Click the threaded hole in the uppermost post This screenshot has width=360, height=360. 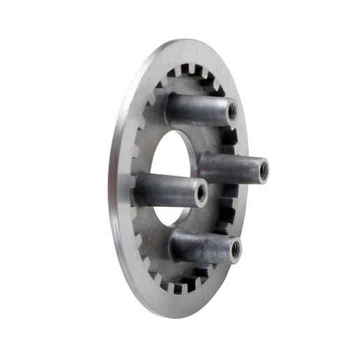[x=231, y=110]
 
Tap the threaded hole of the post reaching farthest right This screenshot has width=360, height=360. [x=263, y=170]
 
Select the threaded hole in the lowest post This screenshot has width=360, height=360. [x=234, y=248]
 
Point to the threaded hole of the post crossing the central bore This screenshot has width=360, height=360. [x=201, y=192]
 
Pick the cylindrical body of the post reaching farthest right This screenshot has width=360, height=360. [x=229, y=167]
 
